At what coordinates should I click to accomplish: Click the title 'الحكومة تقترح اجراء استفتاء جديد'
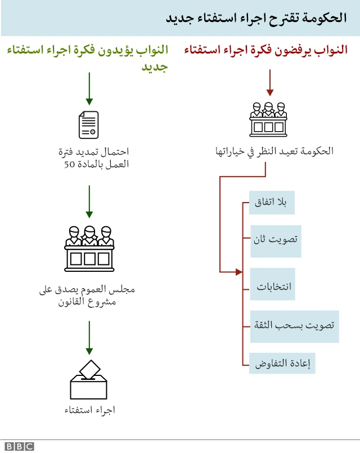click(255, 18)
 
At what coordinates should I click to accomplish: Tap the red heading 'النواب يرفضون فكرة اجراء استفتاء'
click(265, 51)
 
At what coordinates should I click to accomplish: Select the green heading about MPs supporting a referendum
click(88, 59)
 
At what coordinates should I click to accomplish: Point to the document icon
click(89, 124)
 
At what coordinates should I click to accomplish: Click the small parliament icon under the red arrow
click(268, 119)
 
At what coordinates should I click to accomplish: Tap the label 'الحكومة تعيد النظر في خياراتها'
click(274, 151)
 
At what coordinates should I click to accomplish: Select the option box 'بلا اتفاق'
click(272, 203)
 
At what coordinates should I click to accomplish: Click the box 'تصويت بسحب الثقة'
click(295, 326)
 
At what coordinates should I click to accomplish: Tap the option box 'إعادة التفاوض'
click(282, 363)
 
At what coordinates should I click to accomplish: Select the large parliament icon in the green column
click(88, 248)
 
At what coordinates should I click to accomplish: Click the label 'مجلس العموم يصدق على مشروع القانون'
click(88, 295)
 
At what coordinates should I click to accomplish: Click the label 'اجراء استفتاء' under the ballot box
click(89, 410)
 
